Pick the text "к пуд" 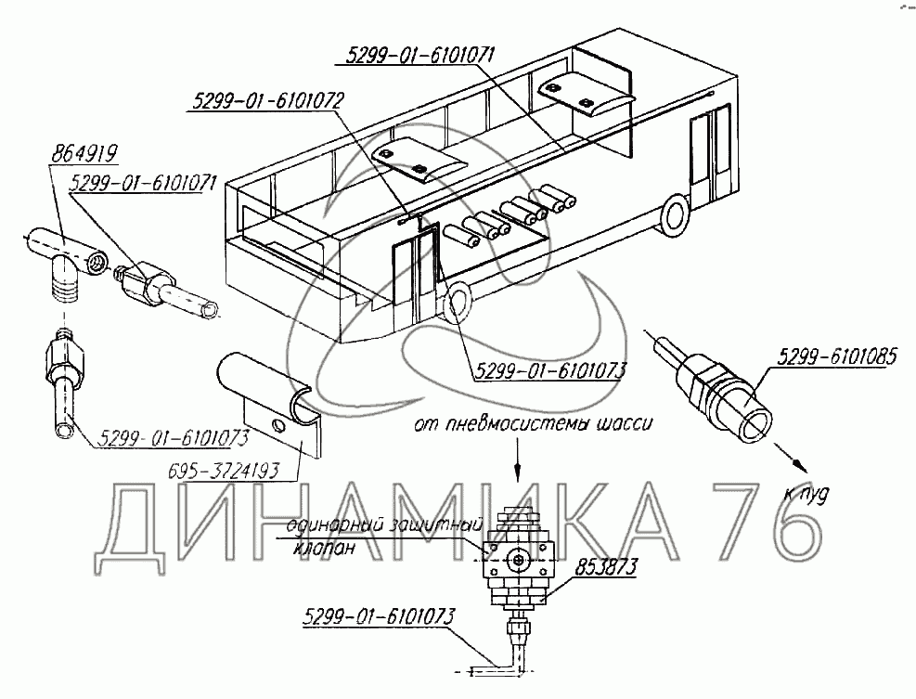[803, 496]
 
